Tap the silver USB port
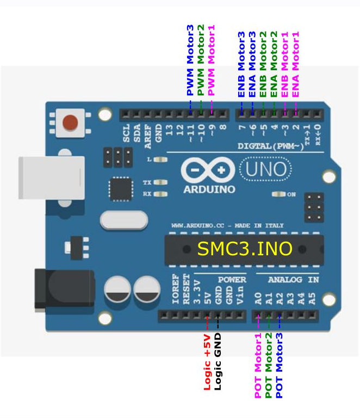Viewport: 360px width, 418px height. [51, 177]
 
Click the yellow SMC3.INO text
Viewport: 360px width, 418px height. [245, 249]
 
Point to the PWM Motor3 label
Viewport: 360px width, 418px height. [190, 60]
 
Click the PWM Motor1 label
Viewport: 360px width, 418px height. [212, 60]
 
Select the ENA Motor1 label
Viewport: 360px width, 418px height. [296, 64]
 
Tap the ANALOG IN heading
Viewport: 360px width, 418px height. [293, 279]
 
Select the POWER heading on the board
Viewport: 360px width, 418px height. [232, 279]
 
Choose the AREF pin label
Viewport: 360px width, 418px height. [148, 133]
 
